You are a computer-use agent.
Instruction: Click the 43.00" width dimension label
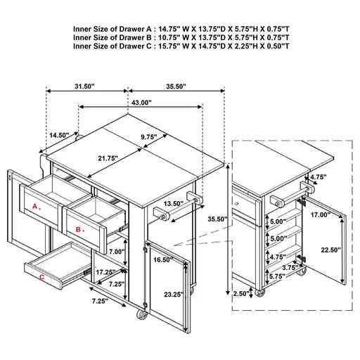(141, 103)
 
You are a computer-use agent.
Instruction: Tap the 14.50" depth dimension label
(59, 135)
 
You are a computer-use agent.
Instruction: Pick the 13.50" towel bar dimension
(174, 204)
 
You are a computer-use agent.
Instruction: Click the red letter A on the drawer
(35, 206)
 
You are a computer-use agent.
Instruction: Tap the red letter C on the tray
(42, 278)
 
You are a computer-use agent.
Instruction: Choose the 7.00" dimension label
(116, 251)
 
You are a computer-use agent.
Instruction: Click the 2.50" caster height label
(243, 294)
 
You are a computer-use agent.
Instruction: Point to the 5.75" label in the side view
(276, 277)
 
